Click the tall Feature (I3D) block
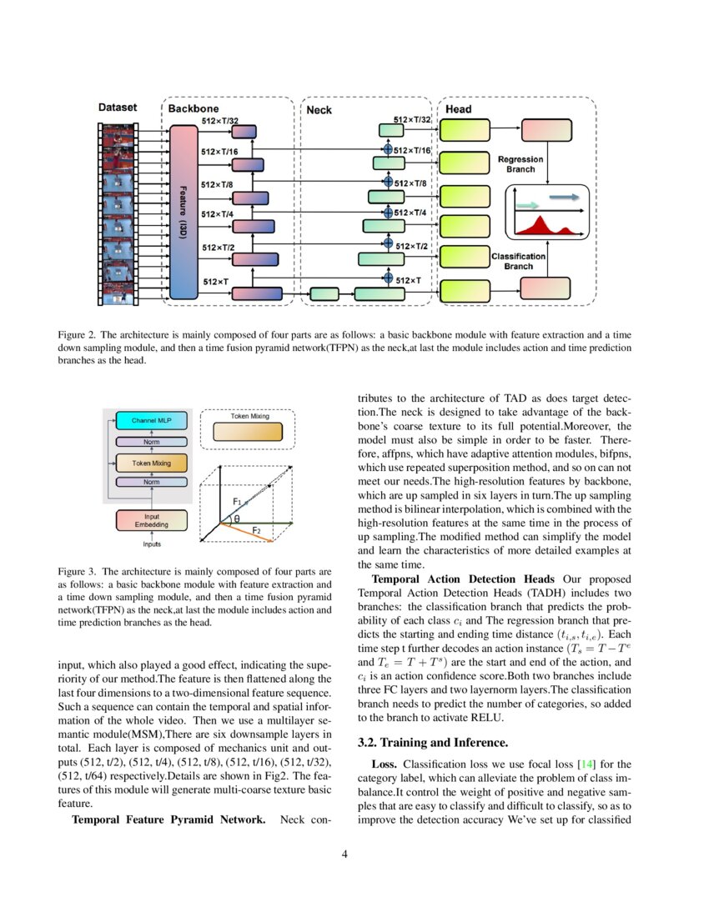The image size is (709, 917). [x=183, y=212]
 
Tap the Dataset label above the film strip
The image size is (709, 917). [x=117, y=107]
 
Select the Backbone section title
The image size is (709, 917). [x=194, y=108]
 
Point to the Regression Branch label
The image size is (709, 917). [x=520, y=163]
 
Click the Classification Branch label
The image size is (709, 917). [x=518, y=261]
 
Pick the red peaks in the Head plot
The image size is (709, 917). [x=541, y=225]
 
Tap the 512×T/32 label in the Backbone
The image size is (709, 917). [x=222, y=122]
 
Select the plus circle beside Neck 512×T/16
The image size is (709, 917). [x=387, y=150]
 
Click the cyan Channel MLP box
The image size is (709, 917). [x=149, y=420]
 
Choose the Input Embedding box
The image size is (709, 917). [x=151, y=521]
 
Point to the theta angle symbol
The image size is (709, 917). [x=236, y=519]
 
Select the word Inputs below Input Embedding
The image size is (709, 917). [x=151, y=544]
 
